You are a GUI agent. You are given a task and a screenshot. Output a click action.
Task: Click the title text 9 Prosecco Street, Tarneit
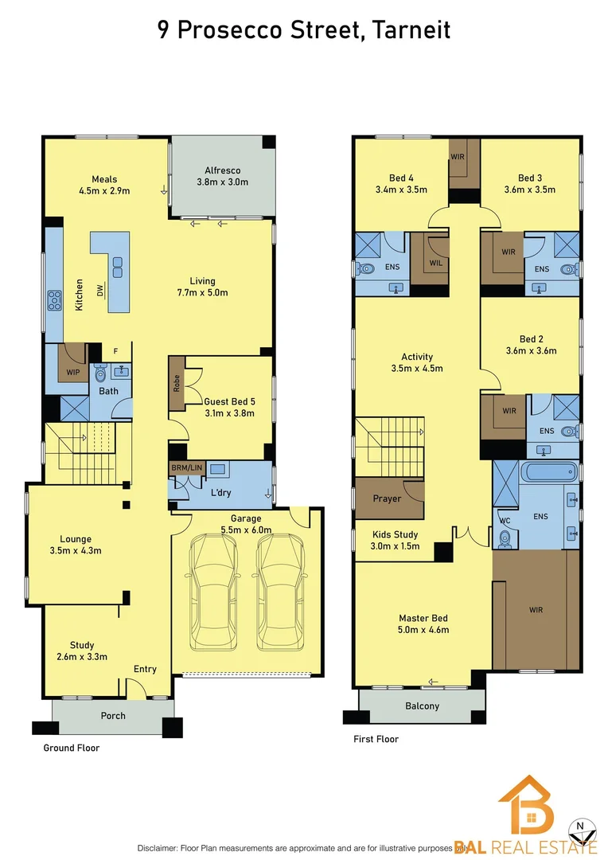point(303,30)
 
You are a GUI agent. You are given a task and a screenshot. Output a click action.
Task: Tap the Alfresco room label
point(222,170)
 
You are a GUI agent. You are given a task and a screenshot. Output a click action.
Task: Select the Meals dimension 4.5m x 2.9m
point(103,191)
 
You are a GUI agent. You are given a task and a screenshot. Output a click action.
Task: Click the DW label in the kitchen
point(100,292)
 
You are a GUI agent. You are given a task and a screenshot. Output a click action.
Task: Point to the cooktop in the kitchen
point(54,300)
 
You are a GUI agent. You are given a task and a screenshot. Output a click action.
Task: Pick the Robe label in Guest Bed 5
point(176,384)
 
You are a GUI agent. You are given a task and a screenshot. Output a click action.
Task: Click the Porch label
point(113,715)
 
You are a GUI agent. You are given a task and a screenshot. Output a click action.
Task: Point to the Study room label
point(82,645)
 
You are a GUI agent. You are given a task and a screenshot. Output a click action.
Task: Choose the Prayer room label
point(387,498)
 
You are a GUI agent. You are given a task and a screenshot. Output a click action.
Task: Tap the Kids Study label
point(396,534)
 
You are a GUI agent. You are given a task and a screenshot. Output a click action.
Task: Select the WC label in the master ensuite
point(504,522)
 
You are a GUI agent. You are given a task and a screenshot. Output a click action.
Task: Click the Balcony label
point(423,706)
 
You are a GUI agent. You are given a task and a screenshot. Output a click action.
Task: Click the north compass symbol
point(584,831)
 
